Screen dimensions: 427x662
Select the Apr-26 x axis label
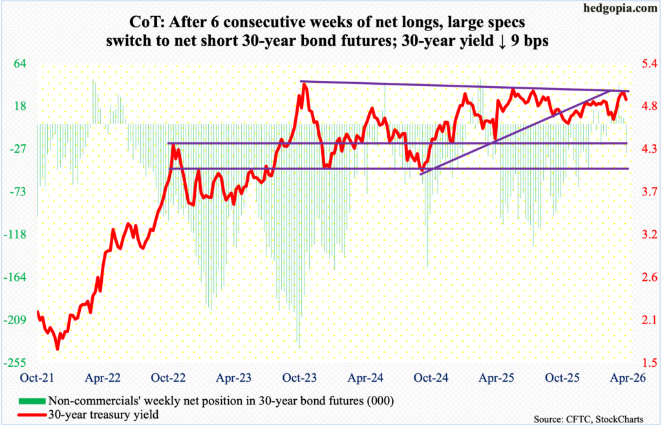(x=625, y=377)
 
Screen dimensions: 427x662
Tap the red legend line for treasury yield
(x=28, y=414)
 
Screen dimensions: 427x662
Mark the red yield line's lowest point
(x=58, y=349)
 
